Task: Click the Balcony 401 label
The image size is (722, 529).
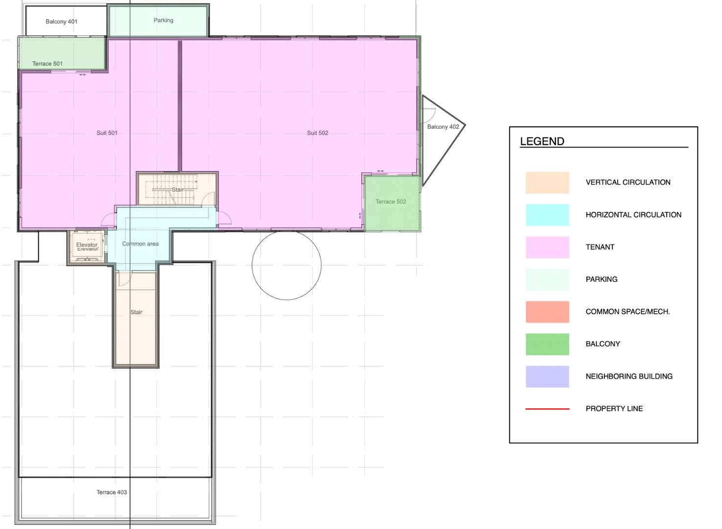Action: [x=61, y=22]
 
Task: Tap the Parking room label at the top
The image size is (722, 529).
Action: [x=163, y=20]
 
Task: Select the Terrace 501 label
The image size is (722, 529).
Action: [x=47, y=64]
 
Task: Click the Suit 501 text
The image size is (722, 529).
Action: [x=107, y=133]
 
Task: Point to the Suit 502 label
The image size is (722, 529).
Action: [x=317, y=133]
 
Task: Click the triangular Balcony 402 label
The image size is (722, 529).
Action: [x=443, y=127]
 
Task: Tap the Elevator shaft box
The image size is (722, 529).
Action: [x=87, y=246]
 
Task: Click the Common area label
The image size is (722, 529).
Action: [x=140, y=244]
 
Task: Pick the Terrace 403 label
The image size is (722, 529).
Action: [x=112, y=492]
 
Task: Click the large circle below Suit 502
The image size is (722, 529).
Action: [x=287, y=265]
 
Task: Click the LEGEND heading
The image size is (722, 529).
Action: [x=542, y=142]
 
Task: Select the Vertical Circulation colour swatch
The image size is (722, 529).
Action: [x=547, y=183]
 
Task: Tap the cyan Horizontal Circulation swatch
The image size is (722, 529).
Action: [x=547, y=215]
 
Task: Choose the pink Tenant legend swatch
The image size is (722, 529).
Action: [x=547, y=247]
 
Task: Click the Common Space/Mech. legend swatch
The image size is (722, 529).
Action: [x=547, y=312]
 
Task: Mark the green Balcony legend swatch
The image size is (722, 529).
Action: [x=547, y=344]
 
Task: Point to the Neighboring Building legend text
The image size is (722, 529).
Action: [x=629, y=376]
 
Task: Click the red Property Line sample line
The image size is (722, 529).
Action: [x=547, y=409]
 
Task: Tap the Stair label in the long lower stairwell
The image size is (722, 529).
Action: [x=136, y=312]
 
